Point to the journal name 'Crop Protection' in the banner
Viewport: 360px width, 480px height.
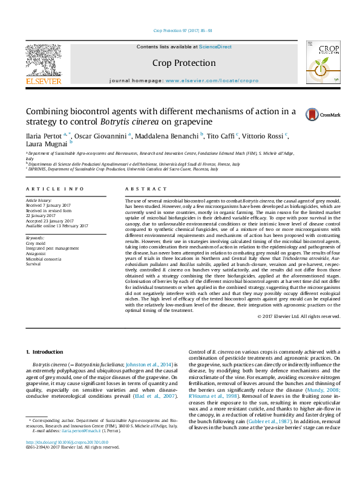click(183, 63)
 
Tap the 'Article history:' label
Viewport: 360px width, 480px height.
click(38, 199)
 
